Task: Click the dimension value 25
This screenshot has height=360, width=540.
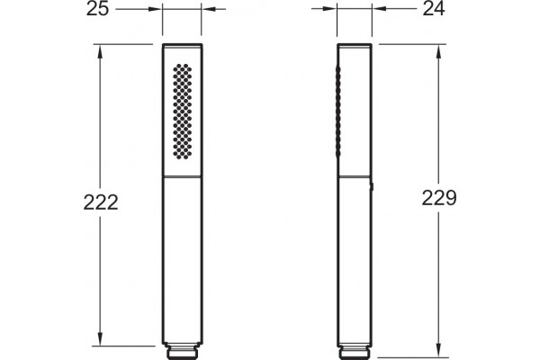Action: [97, 9]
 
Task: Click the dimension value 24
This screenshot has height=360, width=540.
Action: [434, 9]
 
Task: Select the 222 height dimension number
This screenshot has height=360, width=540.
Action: [101, 202]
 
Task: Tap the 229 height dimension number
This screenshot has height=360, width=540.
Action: [439, 198]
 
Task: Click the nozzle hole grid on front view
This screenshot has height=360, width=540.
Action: [182, 112]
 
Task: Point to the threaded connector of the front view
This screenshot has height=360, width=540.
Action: [182, 350]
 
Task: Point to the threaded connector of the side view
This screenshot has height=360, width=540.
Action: [355, 350]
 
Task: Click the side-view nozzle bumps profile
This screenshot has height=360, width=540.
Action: [337, 112]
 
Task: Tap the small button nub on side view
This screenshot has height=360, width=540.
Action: [373, 186]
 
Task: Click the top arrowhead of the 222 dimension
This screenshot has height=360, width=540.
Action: [100, 51]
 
